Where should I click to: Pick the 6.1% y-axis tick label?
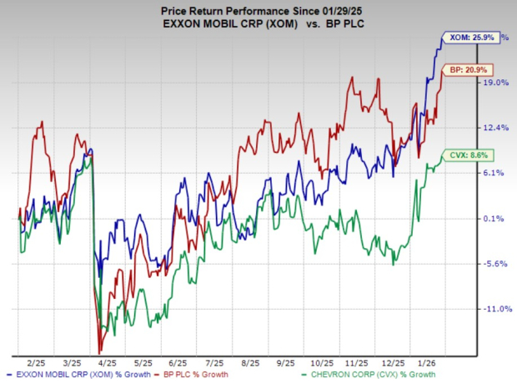coord(494,173)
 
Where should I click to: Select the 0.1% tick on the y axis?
coord(494,219)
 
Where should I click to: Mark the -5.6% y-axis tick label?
coord(495,264)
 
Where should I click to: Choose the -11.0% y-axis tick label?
coord(497,309)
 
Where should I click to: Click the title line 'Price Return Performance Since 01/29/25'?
coord(258,8)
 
